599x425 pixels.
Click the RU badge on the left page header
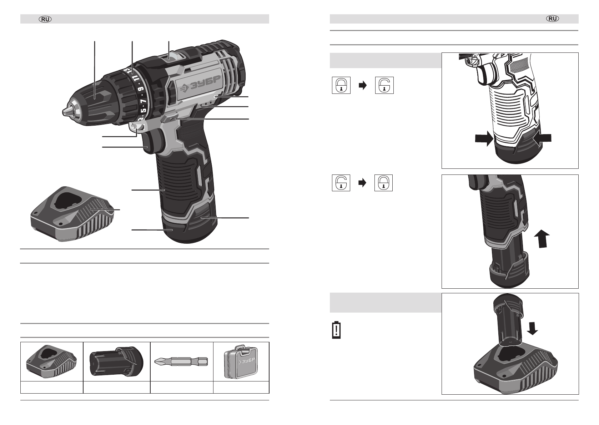[45, 19]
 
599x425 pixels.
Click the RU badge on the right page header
[553, 19]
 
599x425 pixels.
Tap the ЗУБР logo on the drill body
[200, 84]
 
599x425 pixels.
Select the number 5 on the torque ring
[144, 110]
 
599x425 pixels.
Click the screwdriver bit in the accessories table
[181, 361]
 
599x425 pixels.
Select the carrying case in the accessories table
[241, 361]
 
